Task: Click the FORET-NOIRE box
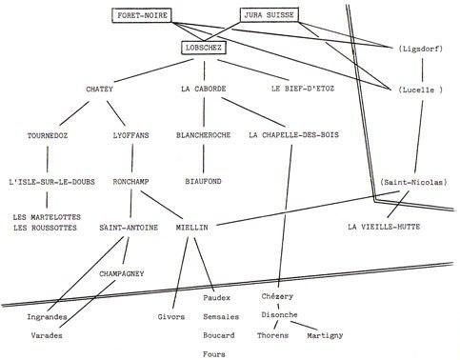(x=142, y=15)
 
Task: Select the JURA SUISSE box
(x=269, y=15)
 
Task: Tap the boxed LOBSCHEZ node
(x=204, y=48)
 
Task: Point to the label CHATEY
(x=99, y=89)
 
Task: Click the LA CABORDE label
(x=204, y=89)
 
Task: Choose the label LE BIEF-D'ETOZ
(x=303, y=89)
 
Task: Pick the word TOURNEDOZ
(x=48, y=135)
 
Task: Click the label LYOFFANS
(x=130, y=135)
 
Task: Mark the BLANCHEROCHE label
(x=204, y=135)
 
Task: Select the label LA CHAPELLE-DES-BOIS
(x=293, y=135)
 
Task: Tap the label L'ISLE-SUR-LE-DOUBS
(x=51, y=182)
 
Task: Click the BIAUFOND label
(x=204, y=181)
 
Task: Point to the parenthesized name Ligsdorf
(x=421, y=49)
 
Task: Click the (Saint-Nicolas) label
(x=414, y=182)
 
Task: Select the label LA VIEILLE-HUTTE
(x=384, y=227)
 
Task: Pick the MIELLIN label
(x=192, y=228)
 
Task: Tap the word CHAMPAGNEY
(x=122, y=273)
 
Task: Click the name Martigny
(x=325, y=335)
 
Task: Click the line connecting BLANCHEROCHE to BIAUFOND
(x=204, y=158)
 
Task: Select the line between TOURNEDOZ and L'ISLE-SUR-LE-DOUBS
(x=48, y=159)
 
